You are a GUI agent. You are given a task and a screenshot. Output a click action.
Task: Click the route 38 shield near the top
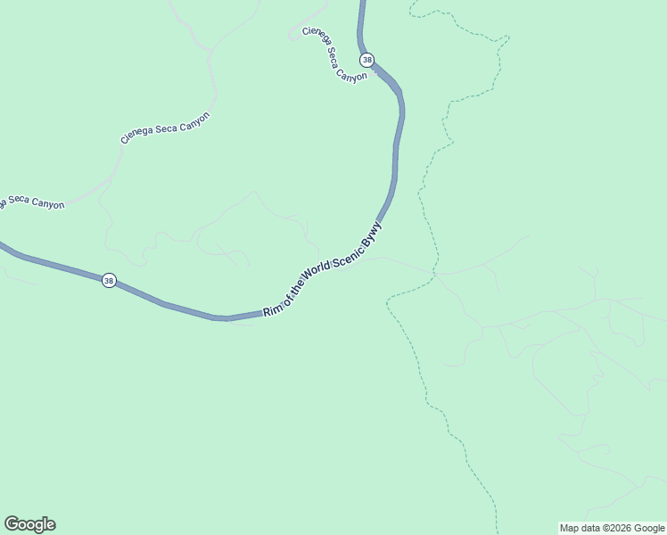pyautogui.click(x=366, y=60)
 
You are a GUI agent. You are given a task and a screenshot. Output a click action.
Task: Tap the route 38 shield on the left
pyautogui.click(x=108, y=280)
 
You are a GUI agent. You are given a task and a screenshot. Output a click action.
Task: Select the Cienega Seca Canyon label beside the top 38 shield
pyautogui.click(x=334, y=55)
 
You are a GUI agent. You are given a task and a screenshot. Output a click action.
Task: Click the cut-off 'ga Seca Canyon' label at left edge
pyautogui.click(x=32, y=202)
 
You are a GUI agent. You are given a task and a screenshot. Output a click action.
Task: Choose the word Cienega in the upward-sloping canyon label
pyautogui.click(x=138, y=135)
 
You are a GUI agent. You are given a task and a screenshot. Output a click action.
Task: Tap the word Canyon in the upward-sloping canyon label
pyautogui.click(x=194, y=119)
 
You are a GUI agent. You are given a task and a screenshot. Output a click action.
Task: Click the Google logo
pyautogui.click(x=29, y=524)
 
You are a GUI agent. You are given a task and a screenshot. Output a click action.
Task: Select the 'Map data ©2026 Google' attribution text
pyautogui.click(x=613, y=528)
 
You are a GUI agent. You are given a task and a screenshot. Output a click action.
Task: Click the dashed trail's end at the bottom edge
pyautogui.click(x=496, y=532)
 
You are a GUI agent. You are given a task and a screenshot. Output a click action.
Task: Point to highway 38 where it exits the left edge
pyautogui.click(x=3, y=244)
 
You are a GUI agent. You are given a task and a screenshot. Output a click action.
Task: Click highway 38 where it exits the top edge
pyautogui.click(x=362, y=3)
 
